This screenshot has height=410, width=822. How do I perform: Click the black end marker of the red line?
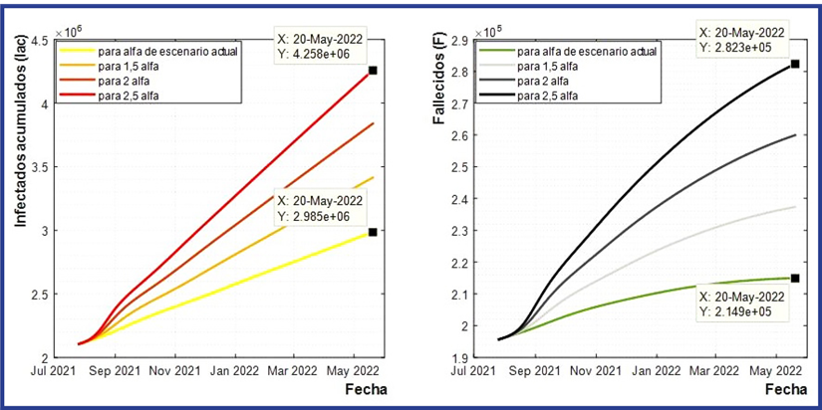[x=373, y=71]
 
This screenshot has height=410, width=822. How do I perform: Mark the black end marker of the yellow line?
[x=373, y=232]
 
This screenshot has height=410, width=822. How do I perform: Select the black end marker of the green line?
[x=794, y=278]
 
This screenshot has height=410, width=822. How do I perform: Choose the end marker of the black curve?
[x=794, y=65]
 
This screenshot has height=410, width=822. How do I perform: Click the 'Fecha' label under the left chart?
[x=365, y=389]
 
